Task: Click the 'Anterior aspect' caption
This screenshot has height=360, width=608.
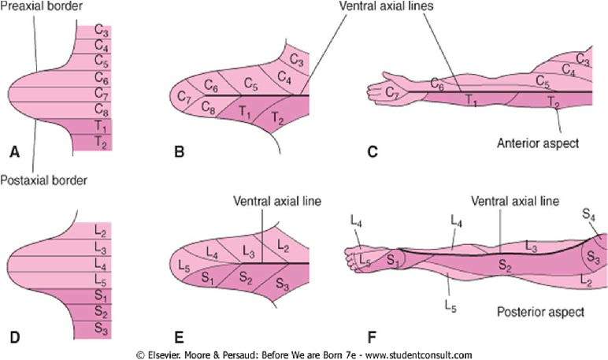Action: coord(539,143)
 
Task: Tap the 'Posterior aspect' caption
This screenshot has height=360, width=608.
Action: coord(539,312)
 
